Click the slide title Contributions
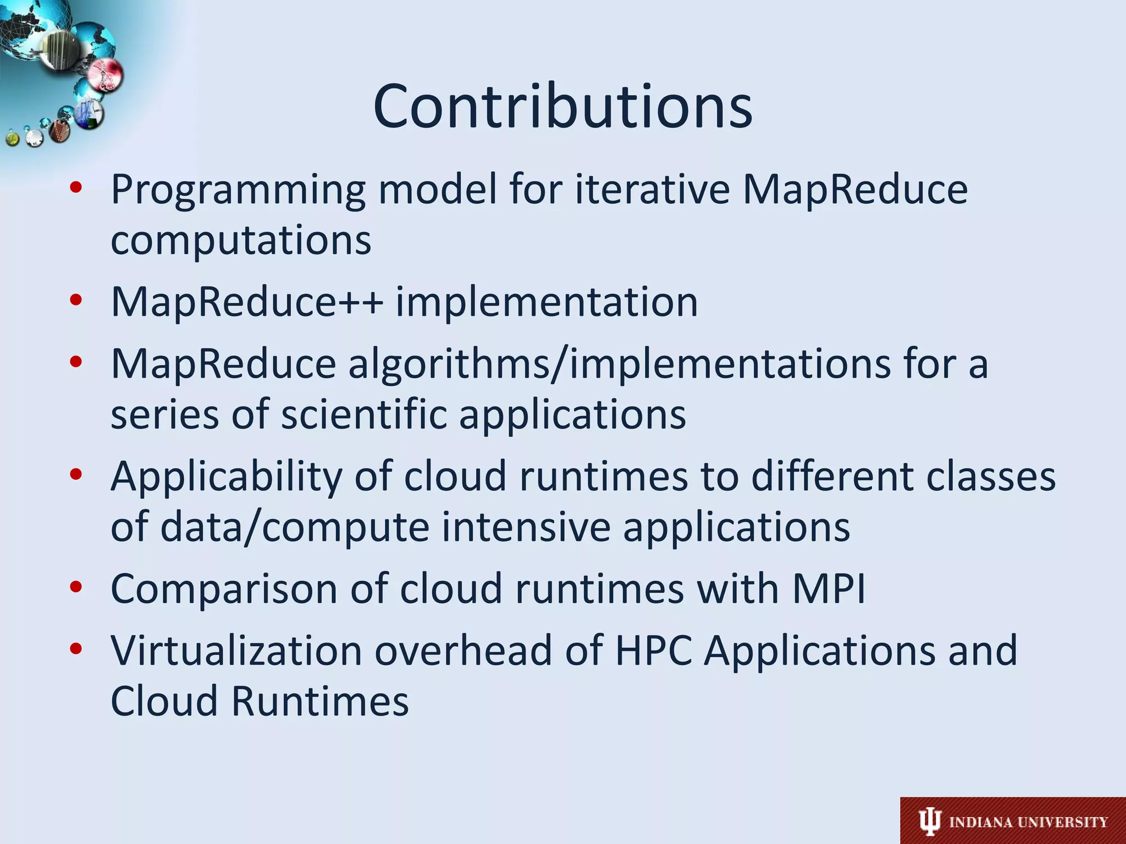(x=562, y=107)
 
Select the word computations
(x=241, y=241)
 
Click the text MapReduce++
(x=247, y=302)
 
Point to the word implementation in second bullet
(x=547, y=302)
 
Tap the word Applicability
(x=226, y=476)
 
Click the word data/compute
(x=295, y=527)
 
